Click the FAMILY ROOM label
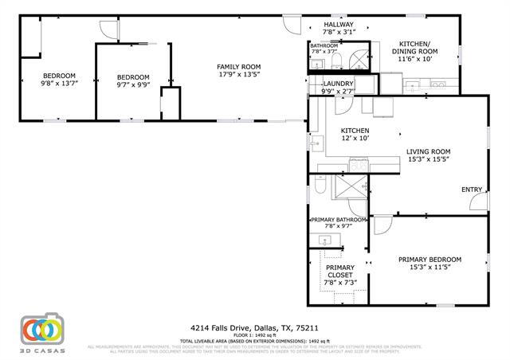239,67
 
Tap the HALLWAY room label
338,25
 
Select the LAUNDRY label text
338,84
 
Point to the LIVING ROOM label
428,151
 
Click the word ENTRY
471,190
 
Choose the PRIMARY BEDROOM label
430,260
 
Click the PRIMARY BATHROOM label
338,219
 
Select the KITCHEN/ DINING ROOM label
414,47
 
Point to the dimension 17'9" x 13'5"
239,76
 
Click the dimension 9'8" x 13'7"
58,84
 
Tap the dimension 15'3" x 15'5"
428,160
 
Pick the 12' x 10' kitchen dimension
355,139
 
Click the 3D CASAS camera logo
41,330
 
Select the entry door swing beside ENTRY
481,202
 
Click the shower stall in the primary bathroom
347,189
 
